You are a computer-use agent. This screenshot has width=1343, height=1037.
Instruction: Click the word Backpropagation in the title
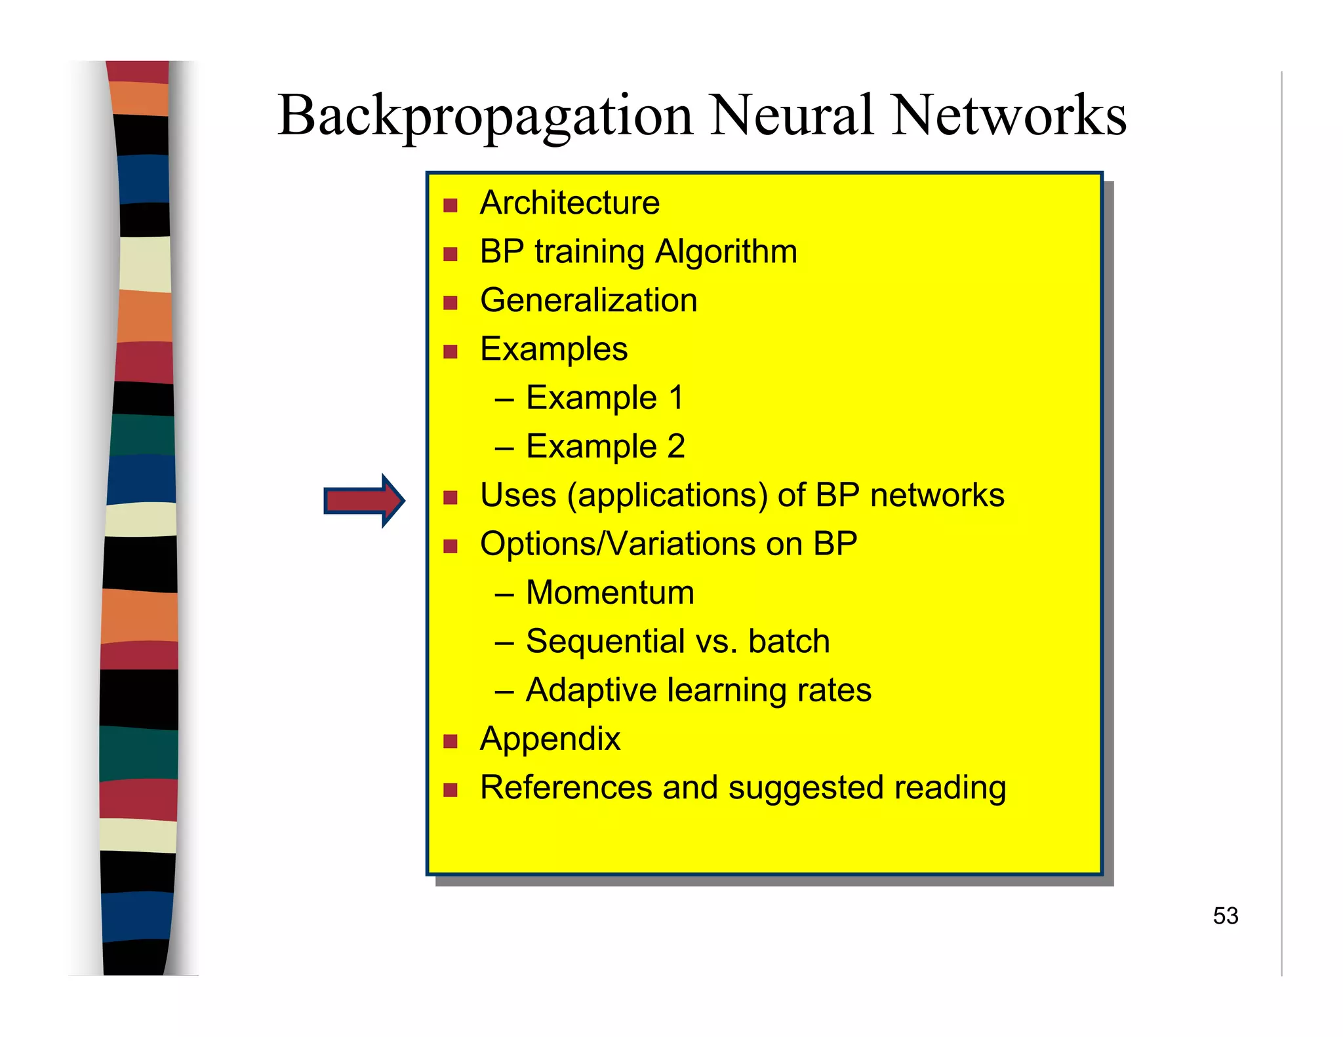coord(485,117)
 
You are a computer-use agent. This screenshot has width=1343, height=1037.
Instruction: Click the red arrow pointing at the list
coord(365,501)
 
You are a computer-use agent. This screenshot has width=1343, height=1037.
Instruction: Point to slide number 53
coord(1225,916)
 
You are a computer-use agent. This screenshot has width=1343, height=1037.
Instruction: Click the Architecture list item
coord(569,203)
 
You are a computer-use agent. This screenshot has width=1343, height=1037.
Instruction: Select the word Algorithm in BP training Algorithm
coord(726,252)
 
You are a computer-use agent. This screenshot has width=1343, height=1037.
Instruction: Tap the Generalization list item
coord(588,300)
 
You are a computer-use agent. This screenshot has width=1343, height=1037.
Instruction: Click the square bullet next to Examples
coord(450,352)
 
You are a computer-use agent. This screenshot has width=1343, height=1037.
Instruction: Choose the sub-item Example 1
coord(604,398)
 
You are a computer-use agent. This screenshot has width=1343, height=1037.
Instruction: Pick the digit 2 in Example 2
coord(676,446)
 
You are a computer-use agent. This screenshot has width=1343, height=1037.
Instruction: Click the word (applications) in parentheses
coord(667,496)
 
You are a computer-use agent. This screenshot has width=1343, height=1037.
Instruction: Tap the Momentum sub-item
coord(609,593)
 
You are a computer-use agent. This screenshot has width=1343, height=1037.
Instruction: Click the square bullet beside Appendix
coord(450,741)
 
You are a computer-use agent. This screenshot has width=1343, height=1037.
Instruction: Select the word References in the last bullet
coord(565,787)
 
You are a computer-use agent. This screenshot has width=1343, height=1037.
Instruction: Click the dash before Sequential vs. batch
coord(504,642)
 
